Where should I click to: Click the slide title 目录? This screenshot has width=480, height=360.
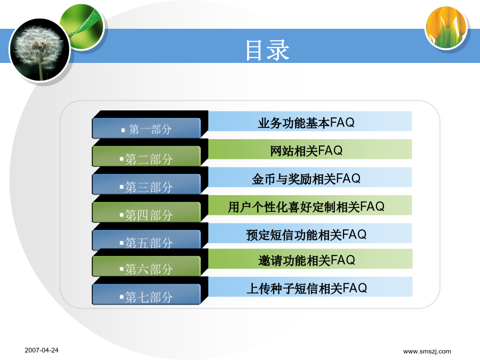click(x=268, y=50)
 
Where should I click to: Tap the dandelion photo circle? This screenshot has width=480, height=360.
click(x=40, y=50)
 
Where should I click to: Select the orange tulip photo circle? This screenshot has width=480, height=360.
click(x=446, y=28)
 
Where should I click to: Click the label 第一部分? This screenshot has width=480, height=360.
click(x=150, y=130)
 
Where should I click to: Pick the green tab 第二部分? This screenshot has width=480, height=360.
click(x=146, y=156)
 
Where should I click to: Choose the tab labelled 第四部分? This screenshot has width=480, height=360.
click(x=146, y=212)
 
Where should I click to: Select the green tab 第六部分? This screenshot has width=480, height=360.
click(x=146, y=266)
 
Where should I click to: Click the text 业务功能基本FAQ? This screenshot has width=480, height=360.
click(x=306, y=123)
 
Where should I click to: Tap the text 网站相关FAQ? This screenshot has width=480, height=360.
click(x=306, y=150)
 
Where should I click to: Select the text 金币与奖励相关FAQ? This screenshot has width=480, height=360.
click(x=306, y=179)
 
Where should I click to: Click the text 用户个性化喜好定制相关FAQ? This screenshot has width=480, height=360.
click(x=306, y=206)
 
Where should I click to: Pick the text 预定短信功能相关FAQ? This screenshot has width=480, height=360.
click(x=306, y=235)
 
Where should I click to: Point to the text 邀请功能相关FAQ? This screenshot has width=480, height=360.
click(x=307, y=260)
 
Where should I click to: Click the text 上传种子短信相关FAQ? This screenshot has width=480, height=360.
click(x=307, y=289)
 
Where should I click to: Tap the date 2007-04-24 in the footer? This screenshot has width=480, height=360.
click(x=42, y=350)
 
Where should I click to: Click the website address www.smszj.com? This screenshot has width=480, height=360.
click(x=427, y=351)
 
